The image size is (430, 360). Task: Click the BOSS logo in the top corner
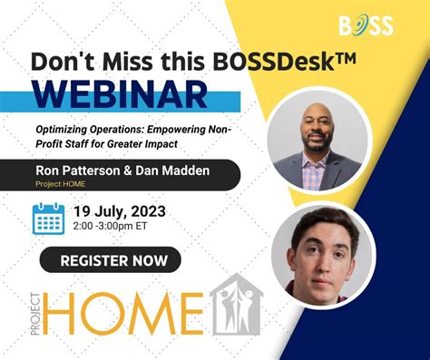366,24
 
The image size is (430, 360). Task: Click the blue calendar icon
47,219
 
